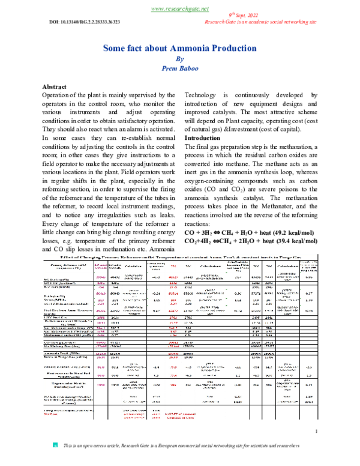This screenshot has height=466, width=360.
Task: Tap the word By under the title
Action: point(179,59)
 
